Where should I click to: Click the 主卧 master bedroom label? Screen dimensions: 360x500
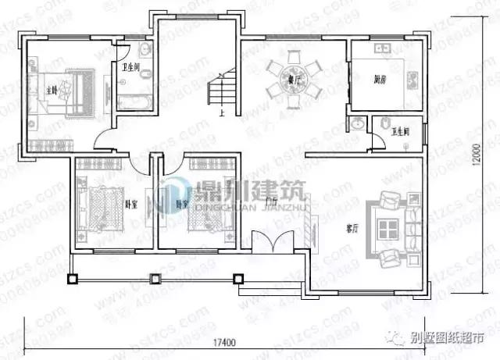tap(52, 88)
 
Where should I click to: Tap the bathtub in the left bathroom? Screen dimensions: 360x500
tap(134, 102)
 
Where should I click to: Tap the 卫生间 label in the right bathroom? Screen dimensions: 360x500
tap(402, 131)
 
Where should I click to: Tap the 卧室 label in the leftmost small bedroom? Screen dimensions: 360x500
tap(131, 204)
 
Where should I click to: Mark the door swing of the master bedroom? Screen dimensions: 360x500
tap(104, 138)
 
